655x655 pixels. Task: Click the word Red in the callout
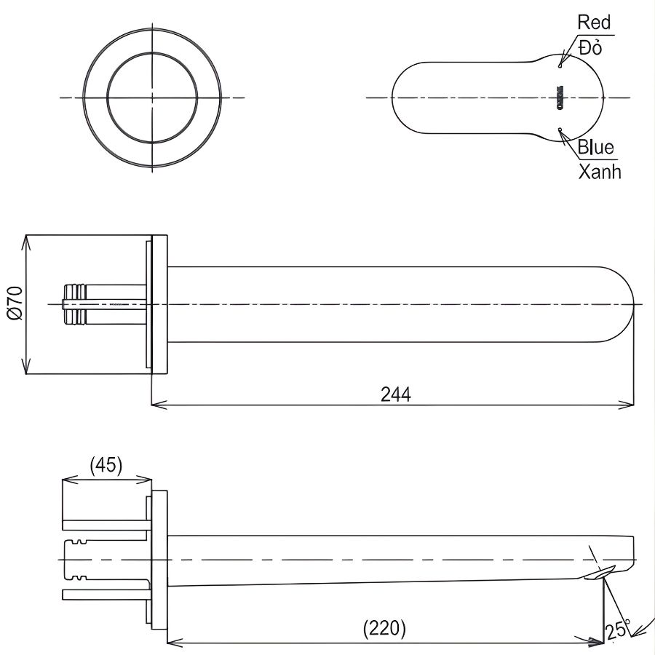click(594, 23)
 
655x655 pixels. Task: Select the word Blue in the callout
click(595, 148)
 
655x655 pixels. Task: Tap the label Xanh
click(599, 172)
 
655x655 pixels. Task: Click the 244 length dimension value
click(395, 394)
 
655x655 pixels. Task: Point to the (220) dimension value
click(384, 628)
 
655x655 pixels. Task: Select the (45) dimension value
click(106, 464)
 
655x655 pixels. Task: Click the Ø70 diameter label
click(15, 303)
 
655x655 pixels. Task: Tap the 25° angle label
click(617, 629)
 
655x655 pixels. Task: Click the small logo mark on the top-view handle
click(561, 97)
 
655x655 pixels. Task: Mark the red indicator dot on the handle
click(561, 65)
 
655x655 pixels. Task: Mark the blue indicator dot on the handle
click(560, 130)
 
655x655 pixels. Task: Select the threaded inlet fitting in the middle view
click(76, 303)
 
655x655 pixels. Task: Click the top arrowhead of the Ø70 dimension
click(26, 239)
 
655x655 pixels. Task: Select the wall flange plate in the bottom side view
click(159, 560)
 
